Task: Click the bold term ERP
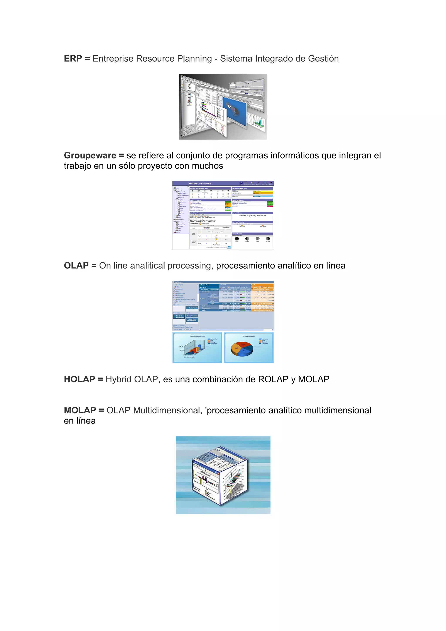(73, 59)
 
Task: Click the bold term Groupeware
(90, 155)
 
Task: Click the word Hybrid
(118, 379)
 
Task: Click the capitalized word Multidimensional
(167, 410)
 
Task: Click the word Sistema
(236, 59)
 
